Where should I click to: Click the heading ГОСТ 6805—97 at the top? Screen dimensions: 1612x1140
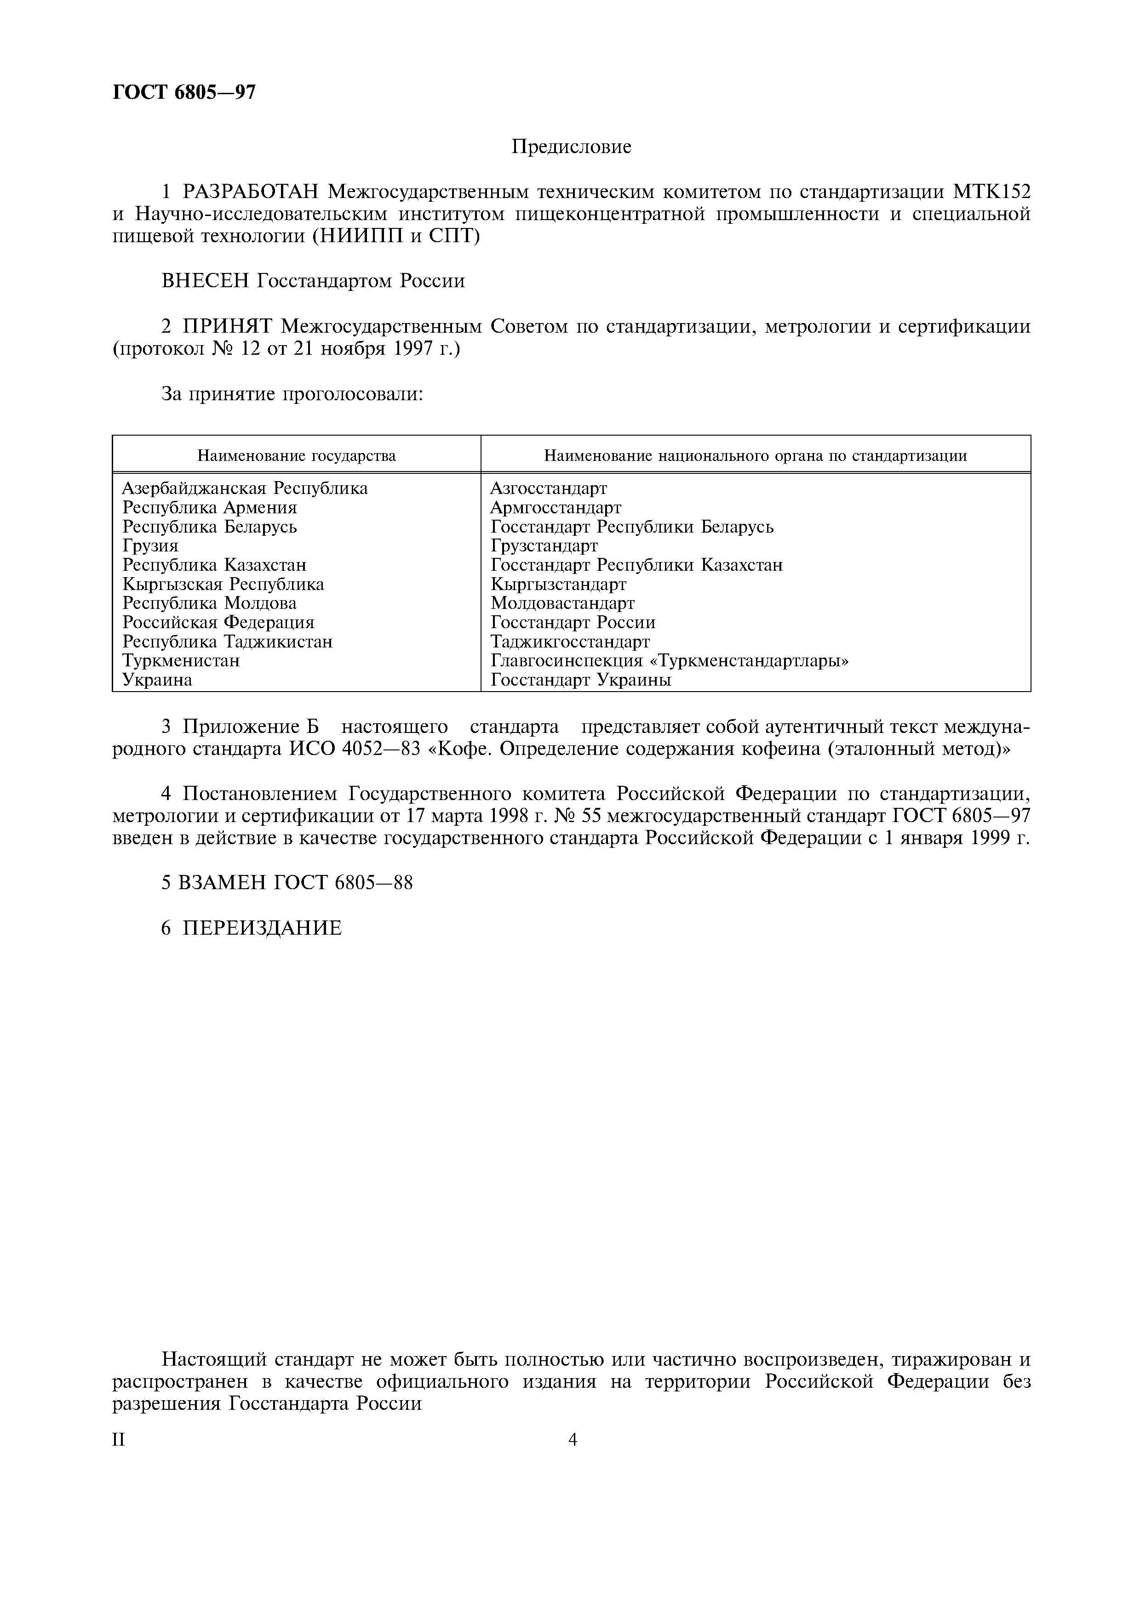coord(184,92)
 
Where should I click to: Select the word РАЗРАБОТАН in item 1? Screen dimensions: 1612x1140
coord(251,191)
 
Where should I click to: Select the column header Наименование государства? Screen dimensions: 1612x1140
coord(297,456)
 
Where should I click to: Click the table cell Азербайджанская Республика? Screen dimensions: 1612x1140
coord(245,488)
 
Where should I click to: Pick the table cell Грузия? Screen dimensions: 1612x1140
coord(150,545)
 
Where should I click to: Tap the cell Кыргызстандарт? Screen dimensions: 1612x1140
coord(558,584)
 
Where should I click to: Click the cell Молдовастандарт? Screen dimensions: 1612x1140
coord(562,603)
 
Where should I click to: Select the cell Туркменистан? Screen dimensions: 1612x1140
coord(181,661)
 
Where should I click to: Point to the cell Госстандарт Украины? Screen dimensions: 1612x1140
coord(581,680)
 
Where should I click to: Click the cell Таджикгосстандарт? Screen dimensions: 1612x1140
coord(570,641)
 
